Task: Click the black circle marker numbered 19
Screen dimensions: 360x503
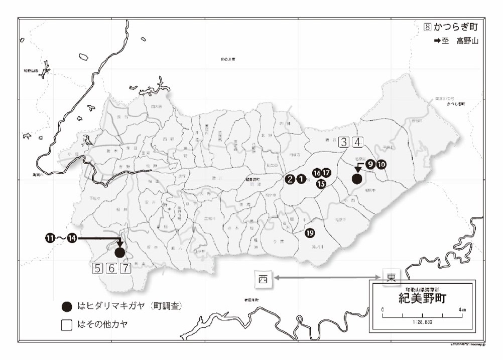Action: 310,233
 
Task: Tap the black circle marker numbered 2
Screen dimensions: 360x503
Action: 290,179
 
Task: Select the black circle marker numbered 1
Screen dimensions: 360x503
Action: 300,179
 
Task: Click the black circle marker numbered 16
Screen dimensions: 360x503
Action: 317,173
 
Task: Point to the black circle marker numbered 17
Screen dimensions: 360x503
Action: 326,173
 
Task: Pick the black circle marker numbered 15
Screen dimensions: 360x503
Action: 321,183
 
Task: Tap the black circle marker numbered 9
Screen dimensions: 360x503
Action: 370,164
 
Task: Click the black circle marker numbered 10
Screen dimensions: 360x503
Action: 381,164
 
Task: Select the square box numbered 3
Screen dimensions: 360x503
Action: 344,142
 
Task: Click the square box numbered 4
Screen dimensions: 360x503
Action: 357,142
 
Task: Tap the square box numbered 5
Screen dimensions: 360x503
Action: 97,268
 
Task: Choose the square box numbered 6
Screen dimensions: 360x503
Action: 111,268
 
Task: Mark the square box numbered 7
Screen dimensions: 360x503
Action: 125,268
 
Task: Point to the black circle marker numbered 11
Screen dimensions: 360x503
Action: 50,238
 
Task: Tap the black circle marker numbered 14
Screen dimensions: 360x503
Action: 72,238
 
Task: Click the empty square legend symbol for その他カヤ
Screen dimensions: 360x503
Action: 66,325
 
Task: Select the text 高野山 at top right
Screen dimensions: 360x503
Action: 467,41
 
